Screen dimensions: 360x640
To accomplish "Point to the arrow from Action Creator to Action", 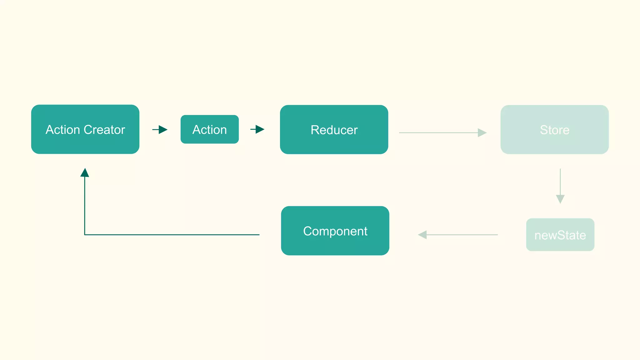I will point(160,129).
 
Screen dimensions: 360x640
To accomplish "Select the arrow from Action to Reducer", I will point(257,129).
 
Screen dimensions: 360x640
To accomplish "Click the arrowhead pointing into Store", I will point(482,132).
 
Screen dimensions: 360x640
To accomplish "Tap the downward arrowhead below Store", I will point(560,199).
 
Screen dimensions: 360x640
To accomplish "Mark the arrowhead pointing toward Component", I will point(422,235).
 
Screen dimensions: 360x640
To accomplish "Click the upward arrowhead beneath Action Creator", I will point(85,173).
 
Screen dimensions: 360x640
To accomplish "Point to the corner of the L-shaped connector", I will point(85,235).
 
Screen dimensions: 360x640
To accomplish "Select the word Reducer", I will point(334,130).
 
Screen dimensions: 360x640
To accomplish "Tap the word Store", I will point(554,130).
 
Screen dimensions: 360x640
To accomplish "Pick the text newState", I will point(560,235).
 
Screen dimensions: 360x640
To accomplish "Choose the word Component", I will point(335,231).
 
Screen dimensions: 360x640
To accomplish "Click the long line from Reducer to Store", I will point(437,132).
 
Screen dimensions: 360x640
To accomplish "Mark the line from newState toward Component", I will point(462,235).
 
